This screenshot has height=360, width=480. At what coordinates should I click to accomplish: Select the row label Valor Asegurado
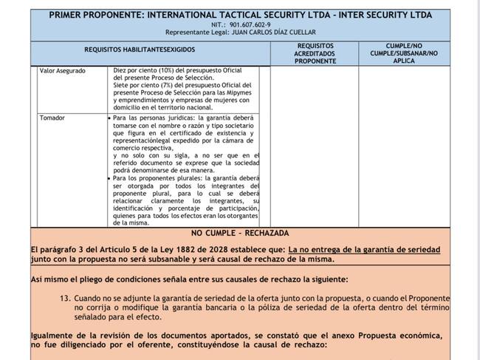(62, 71)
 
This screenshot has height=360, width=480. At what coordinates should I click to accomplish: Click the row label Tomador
(52, 118)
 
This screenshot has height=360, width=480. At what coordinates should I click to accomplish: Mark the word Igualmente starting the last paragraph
(55, 335)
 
